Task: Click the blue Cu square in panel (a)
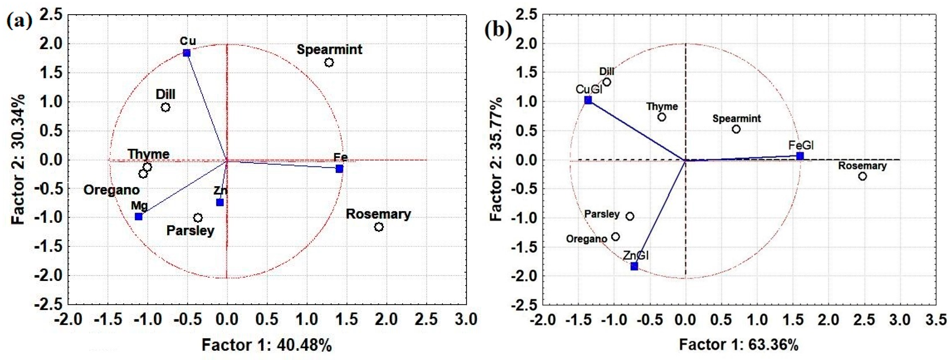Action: pos(187,53)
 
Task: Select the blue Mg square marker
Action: pos(139,217)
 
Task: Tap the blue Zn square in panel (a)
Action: pos(220,202)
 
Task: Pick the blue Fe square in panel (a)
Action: pos(339,168)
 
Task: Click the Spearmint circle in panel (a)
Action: pos(329,63)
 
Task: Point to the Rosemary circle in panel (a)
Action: pos(379,227)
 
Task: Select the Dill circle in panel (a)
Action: pos(166,107)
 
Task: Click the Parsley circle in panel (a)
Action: pos(198,218)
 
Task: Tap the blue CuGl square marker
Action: pos(588,100)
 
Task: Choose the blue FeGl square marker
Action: pos(800,156)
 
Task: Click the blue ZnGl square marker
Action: pos(634,266)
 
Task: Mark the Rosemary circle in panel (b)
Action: pos(862,176)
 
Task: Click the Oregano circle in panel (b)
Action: pos(615,237)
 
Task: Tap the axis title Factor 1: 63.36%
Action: pos(738,344)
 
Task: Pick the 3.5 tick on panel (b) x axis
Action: pos(936,319)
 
